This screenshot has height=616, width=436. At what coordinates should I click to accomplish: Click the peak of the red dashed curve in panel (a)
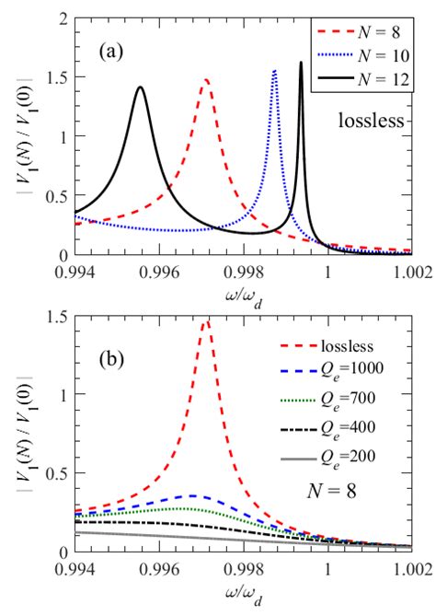pyautogui.click(x=205, y=80)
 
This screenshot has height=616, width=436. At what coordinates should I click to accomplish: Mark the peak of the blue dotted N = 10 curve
pyautogui.click(x=274, y=71)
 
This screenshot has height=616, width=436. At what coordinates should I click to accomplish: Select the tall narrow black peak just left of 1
pyautogui.click(x=301, y=63)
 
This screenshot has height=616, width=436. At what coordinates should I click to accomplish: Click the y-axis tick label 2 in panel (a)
pyautogui.click(x=63, y=19)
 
